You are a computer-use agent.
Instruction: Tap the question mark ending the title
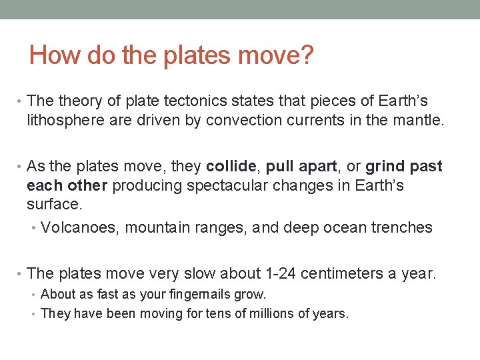click(306, 55)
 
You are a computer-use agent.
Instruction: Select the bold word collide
click(231, 166)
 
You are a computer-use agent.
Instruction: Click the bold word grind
click(386, 167)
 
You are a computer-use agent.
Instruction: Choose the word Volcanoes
click(79, 228)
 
